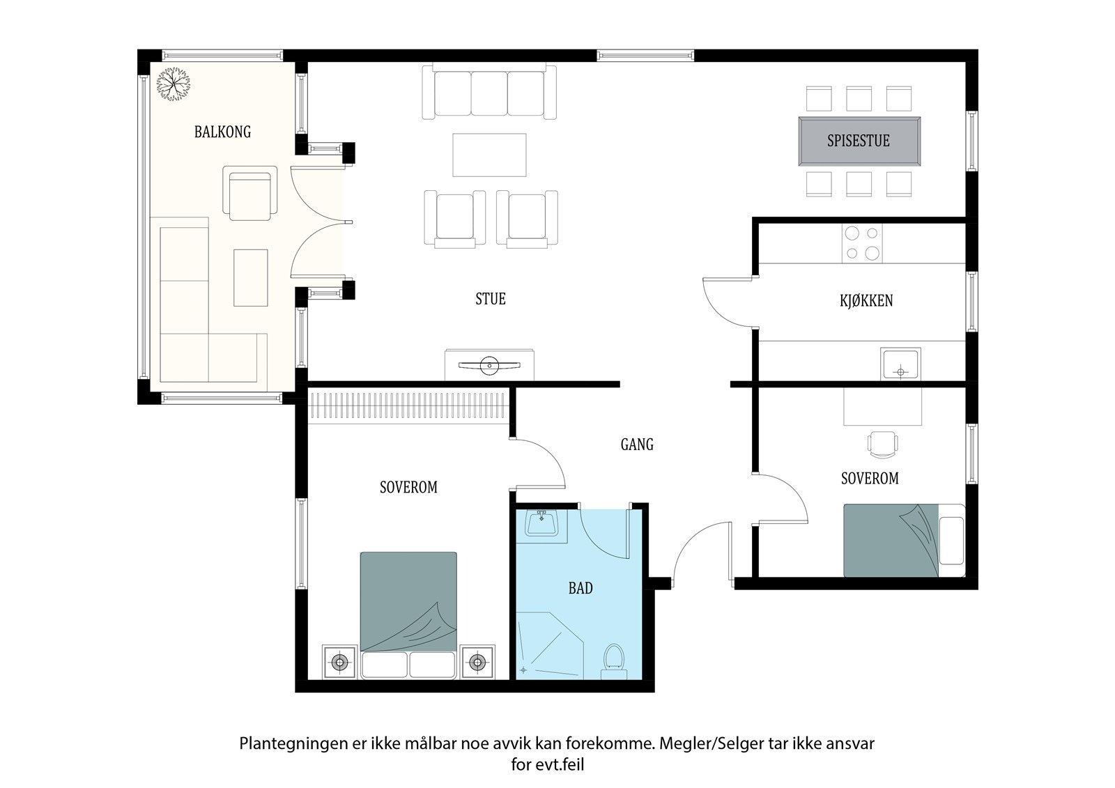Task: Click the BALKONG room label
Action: click(222, 132)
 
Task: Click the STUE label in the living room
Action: click(490, 299)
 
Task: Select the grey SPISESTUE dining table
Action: click(859, 141)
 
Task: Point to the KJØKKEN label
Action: click(866, 301)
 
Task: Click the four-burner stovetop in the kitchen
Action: click(862, 243)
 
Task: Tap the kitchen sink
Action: click(901, 364)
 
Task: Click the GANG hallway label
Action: click(637, 445)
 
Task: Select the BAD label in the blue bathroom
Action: click(580, 589)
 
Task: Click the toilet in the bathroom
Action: click(613, 660)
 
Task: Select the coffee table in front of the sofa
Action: click(489, 155)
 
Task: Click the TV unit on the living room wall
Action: click(489, 364)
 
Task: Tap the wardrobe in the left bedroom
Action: click(409, 405)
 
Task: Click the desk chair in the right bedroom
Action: click(882, 444)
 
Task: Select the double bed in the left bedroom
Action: click(408, 613)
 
